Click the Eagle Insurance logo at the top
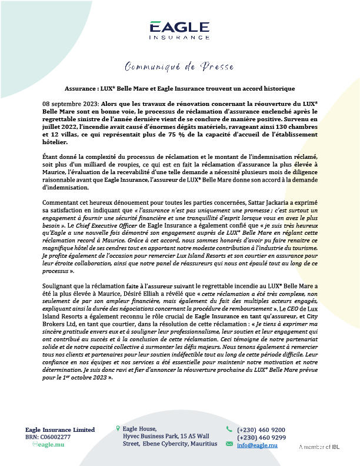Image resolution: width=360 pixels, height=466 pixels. (x=179, y=30)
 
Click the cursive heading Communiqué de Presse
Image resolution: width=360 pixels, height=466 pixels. (x=179, y=65)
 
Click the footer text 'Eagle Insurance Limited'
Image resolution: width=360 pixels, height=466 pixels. (x=59, y=430)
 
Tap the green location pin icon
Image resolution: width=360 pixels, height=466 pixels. (x=118, y=429)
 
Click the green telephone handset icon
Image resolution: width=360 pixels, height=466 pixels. (x=229, y=430)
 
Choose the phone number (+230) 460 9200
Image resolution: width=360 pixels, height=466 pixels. (x=261, y=430)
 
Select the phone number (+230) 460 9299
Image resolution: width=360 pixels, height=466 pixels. (x=261, y=437)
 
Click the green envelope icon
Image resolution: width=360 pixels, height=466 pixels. (x=229, y=444)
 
